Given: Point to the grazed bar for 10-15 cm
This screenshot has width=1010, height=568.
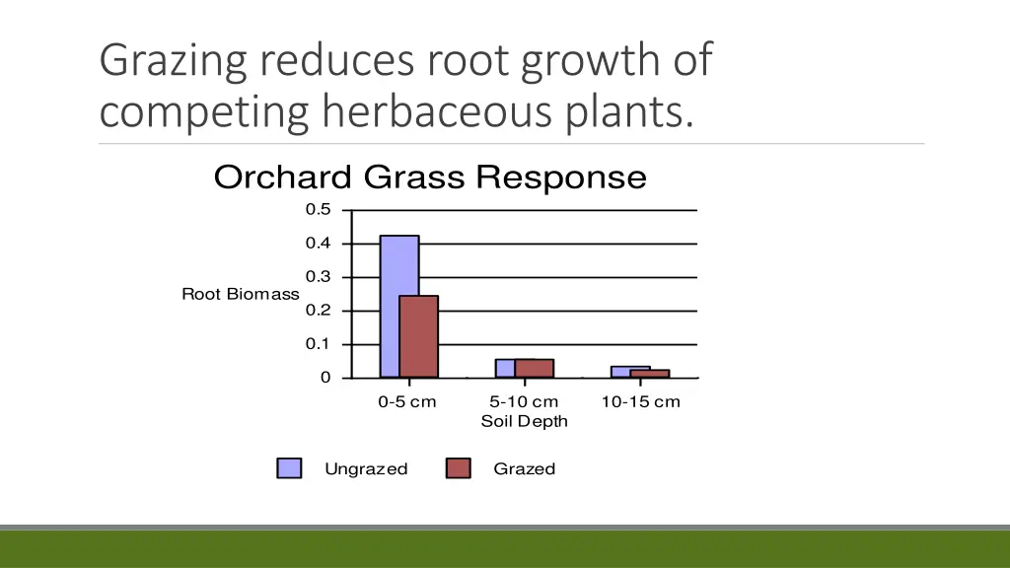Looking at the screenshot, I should coord(651,374).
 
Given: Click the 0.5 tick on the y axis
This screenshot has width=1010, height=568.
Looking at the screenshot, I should coord(318,210).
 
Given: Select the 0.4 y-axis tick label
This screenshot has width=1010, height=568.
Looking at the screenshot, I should coord(318,244).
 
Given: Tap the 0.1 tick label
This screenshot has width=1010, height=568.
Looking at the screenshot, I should coord(318,344).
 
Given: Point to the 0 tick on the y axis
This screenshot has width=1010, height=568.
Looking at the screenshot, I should coord(325,378).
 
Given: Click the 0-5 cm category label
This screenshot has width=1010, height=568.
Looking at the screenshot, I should coord(406,402).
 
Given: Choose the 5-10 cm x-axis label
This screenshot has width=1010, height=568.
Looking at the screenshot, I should coord(524,402).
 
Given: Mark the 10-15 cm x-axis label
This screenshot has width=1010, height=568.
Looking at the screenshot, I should coord(640,402).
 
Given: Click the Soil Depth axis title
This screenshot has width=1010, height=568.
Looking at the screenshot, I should coord(524,422).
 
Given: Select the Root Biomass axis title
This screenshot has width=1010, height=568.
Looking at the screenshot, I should coord(240,294).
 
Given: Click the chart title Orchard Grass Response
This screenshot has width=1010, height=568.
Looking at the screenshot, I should coord(430,178).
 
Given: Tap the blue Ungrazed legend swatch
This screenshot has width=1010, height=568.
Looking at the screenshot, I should coord(289,469).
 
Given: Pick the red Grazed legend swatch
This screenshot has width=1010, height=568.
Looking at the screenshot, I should coord(459,469).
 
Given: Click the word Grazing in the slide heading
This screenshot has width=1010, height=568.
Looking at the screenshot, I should coord(174,61).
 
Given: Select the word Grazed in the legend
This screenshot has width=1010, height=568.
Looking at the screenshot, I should coord(524,469).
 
